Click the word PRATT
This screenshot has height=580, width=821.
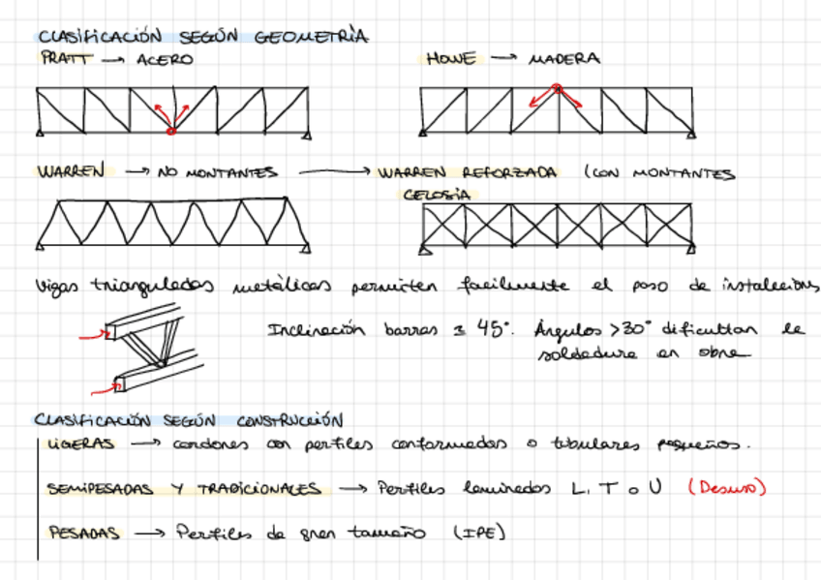65,59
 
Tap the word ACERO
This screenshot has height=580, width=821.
165,60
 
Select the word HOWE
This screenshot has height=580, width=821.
451,59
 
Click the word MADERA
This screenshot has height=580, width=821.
563,60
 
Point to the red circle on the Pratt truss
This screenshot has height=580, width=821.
170,130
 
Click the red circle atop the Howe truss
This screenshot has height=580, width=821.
557,88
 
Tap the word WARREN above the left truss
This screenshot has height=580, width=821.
71,172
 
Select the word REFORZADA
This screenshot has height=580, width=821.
509,173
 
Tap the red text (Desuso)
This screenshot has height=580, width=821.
726,488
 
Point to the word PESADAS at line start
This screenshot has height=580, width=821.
83,533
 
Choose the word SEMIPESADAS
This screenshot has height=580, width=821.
100,489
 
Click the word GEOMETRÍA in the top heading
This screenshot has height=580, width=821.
311,38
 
